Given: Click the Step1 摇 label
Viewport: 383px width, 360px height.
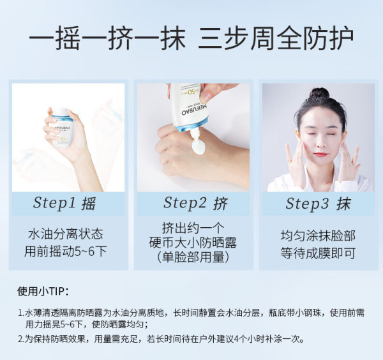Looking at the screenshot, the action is point(64,203).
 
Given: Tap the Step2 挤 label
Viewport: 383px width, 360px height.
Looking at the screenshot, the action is point(195,203).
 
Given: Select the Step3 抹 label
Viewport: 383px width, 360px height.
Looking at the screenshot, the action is point(318,203).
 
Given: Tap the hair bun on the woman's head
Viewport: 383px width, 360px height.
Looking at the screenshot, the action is point(319,93).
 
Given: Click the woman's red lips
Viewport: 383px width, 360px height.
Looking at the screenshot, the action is point(320,154).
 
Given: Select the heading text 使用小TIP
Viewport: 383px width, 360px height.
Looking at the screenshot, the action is point(43,291).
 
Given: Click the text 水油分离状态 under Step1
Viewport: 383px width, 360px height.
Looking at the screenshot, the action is point(66,234).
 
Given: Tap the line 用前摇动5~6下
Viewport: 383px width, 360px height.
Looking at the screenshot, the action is point(66,251).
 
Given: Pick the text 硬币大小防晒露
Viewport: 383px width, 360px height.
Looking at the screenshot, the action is point(193,243).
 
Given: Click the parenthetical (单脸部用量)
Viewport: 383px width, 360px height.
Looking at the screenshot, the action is point(193,257).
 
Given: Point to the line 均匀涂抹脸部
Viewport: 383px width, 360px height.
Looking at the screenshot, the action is point(318,236).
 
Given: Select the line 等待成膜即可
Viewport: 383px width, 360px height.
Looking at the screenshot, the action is point(318,253).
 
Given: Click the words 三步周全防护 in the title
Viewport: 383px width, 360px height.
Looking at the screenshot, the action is point(276,38).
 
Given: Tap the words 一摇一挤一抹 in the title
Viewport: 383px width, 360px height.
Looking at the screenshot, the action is point(107,38).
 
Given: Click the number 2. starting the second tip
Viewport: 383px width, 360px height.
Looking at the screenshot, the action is point(21,339).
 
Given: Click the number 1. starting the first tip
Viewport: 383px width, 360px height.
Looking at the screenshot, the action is point(21,313).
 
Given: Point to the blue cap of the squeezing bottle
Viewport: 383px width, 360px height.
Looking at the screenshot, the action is point(192,124).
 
